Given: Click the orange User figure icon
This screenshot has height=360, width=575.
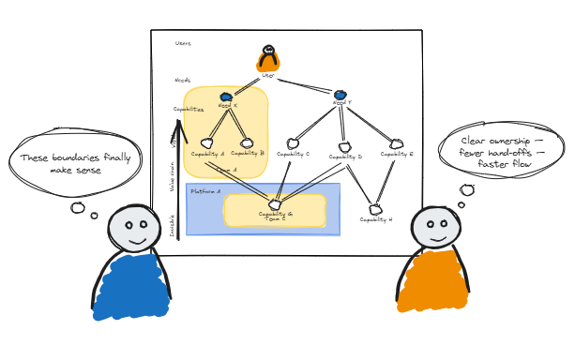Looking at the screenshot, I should pyautogui.click(x=268, y=59).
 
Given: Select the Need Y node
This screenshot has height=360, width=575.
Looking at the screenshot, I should pyautogui.click(x=340, y=95).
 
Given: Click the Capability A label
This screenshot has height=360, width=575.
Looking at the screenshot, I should pyautogui.click(x=207, y=154).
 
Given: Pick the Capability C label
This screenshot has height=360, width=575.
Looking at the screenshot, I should pyautogui.click(x=293, y=154).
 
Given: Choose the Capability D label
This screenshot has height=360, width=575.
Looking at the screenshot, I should pyautogui.click(x=345, y=157).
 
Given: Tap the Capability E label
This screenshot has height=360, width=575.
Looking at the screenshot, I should pyautogui.click(x=398, y=154).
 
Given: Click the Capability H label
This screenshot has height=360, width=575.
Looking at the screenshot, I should pyautogui.click(x=376, y=219).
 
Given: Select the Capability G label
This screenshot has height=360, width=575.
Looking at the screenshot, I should pyautogui.click(x=275, y=214).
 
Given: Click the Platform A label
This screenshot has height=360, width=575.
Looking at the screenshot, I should pyautogui.click(x=205, y=191).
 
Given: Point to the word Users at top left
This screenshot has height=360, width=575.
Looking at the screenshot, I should pyautogui.click(x=183, y=43).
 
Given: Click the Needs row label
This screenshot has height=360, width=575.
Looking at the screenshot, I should pyautogui.click(x=182, y=80).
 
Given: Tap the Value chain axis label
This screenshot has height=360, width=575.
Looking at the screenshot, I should pyautogui.click(x=172, y=175).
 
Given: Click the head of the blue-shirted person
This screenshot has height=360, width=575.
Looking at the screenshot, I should pyautogui.click(x=133, y=230).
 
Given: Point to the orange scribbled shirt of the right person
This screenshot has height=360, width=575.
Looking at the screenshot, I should pyautogui.click(x=433, y=281).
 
